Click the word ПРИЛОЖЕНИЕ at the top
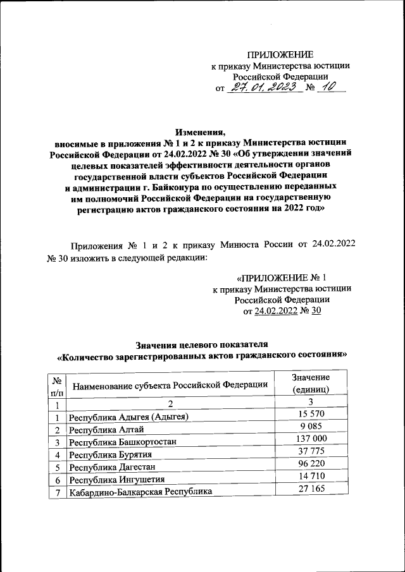[280, 55]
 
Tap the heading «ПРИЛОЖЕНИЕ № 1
[281, 278]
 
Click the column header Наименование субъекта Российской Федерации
[170, 385]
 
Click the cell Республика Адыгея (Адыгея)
[129, 417]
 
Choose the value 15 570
[311, 413]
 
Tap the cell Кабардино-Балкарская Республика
[140, 492]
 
